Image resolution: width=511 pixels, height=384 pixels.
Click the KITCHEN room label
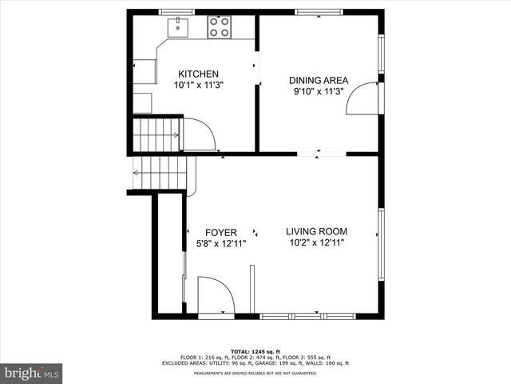coord(198,74)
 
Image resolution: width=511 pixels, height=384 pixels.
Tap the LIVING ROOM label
coord(317,232)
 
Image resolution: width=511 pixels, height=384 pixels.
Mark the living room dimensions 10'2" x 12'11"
coord(317,243)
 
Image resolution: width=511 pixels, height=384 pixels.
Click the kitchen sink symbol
coord(177,27)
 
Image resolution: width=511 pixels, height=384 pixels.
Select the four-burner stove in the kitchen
coord(219,28)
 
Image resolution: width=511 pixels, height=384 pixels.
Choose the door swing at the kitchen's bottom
coord(199,134)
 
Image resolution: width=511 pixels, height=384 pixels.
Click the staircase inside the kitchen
coord(156,134)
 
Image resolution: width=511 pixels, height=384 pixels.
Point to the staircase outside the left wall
coord(162,173)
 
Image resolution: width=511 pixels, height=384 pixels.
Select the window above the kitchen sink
coord(177,12)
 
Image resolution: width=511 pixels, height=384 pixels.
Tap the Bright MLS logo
coord(32,373)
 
